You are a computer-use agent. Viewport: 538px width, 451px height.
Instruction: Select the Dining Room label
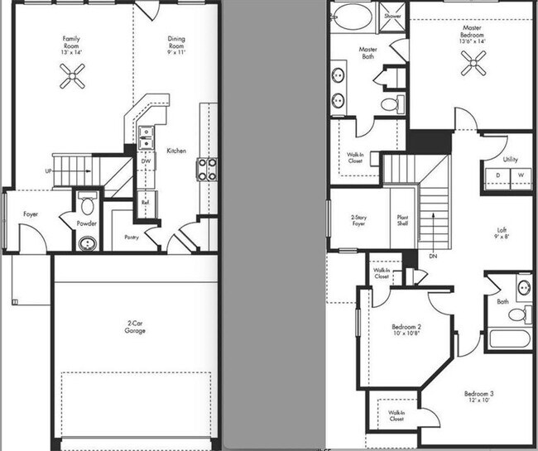176,43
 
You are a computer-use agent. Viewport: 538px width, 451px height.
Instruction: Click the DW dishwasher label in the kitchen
146,161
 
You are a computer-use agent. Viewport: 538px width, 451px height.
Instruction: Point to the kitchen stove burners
206,169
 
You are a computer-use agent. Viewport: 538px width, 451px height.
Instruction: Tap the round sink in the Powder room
88,243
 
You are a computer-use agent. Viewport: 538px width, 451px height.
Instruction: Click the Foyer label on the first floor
31,214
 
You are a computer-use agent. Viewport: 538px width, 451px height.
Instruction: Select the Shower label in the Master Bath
391,15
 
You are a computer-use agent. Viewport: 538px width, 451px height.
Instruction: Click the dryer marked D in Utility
498,176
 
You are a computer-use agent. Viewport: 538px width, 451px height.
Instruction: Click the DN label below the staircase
433,257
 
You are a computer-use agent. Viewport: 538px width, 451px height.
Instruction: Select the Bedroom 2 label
407,331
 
